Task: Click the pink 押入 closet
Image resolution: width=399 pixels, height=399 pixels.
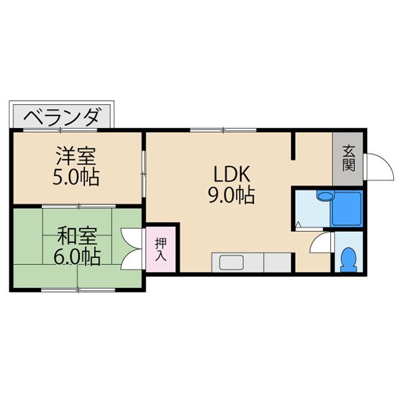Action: (161, 249)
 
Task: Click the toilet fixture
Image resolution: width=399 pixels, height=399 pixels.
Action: (349, 259)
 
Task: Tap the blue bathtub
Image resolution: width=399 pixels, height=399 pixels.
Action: (347, 209)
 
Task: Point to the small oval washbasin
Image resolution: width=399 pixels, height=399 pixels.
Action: (324, 196)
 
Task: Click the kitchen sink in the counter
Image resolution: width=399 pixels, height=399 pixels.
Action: (232, 262)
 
